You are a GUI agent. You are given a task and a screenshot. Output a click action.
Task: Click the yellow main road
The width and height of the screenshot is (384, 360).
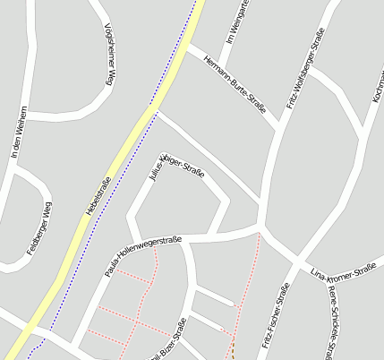134,134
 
